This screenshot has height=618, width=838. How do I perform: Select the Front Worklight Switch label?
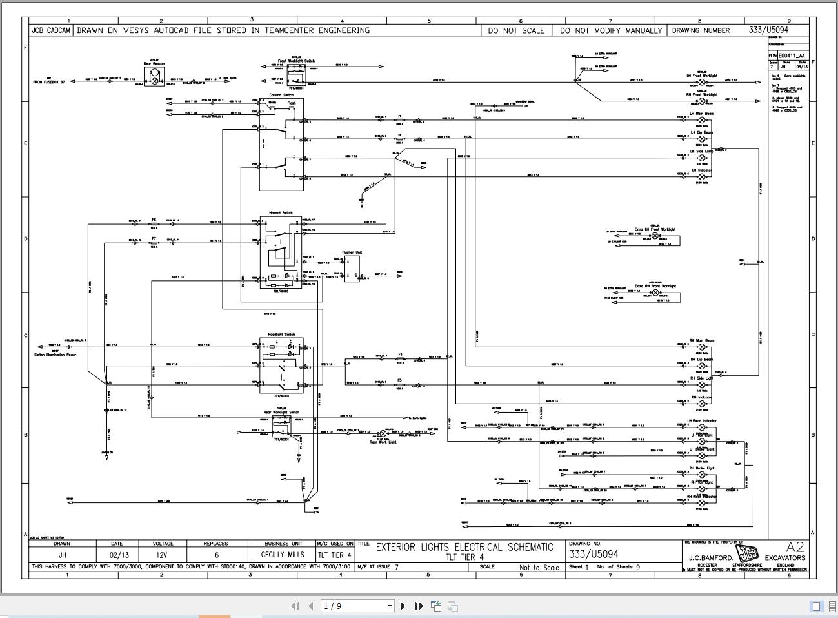pyautogui.click(x=296, y=61)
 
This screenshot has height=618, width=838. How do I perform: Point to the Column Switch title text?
pyautogui.click(x=281, y=95)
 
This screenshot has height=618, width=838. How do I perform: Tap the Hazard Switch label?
pyautogui.click(x=281, y=212)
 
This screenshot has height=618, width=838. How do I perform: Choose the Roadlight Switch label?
pyautogui.click(x=281, y=335)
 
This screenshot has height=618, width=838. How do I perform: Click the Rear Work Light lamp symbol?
pyautogui.click(x=382, y=433)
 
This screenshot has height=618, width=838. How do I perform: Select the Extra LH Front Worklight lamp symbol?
pyautogui.click(x=655, y=236)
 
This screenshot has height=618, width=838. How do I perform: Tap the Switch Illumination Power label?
pyautogui.click(x=55, y=355)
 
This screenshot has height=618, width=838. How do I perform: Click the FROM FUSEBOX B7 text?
pyautogui.click(x=49, y=82)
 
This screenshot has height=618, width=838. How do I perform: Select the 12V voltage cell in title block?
pyautogui.click(x=163, y=555)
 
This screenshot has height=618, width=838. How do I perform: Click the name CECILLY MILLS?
pyautogui.click(x=283, y=555)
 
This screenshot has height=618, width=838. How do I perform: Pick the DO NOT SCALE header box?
pyautogui.click(x=515, y=30)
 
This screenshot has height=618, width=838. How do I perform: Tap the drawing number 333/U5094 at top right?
pyautogui.click(x=768, y=30)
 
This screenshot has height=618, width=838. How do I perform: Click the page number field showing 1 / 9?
pyautogui.click(x=357, y=606)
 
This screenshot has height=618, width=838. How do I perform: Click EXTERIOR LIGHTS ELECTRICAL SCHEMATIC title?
pyautogui.click(x=464, y=547)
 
